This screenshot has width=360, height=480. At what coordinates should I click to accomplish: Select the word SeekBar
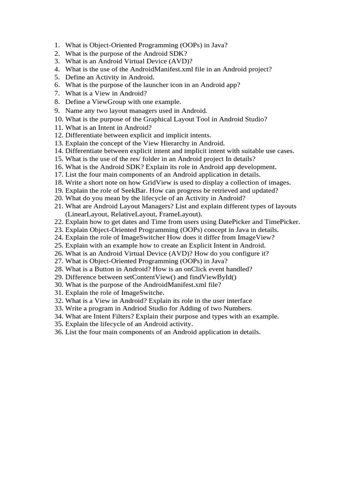121,190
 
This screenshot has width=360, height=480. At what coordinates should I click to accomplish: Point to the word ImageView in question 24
258,237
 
